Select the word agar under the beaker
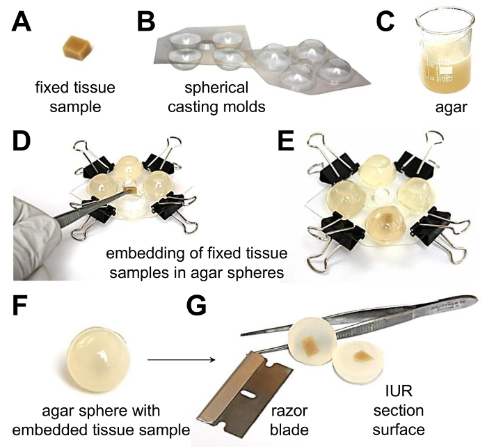point(451,107)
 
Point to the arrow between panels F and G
point(182,360)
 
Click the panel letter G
point(197,306)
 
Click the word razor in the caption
point(289,411)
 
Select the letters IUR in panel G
point(399,391)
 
